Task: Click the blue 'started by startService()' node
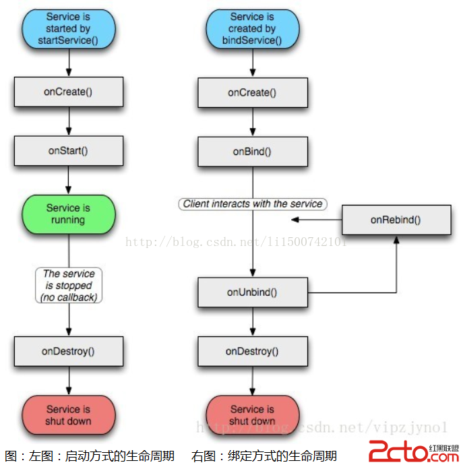pos(68,28)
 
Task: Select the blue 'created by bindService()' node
pos(252,28)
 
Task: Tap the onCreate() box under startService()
pos(69,92)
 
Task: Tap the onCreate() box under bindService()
pos(252,92)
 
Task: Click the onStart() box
pos(69,151)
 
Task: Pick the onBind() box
pos(252,152)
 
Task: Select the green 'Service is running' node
pos(68,214)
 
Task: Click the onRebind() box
pos(396,220)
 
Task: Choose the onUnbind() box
pos(252,292)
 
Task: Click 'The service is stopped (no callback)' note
pos(69,285)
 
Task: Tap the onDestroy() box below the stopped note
pos(69,351)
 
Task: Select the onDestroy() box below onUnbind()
pos(252,351)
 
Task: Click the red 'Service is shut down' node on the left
pos(68,415)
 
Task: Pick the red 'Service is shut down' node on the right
pos(252,415)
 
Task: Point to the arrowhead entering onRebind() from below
pos(396,239)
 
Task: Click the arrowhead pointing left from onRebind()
pos(295,220)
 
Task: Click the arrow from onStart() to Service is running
pos(69,181)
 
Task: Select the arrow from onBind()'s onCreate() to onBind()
pos(252,122)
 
